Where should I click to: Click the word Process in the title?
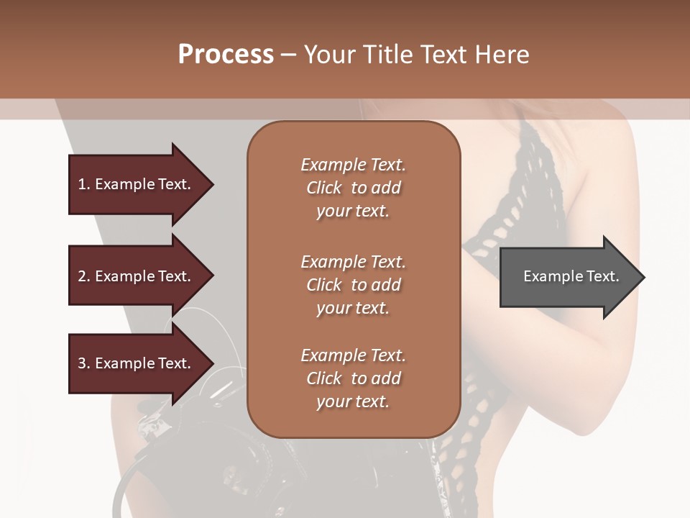click(x=226, y=55)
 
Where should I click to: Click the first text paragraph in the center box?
click(x=353, y=188)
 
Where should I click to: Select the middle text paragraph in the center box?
click(x=353, y=285)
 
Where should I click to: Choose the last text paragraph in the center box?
click(x=353, y=378)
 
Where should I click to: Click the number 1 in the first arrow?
click(x=82, y=184)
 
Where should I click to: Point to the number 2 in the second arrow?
click(x=82, y=276)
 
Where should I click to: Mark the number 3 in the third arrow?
click(x=82, y=363)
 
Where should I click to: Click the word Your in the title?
click(x=328, y=55)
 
